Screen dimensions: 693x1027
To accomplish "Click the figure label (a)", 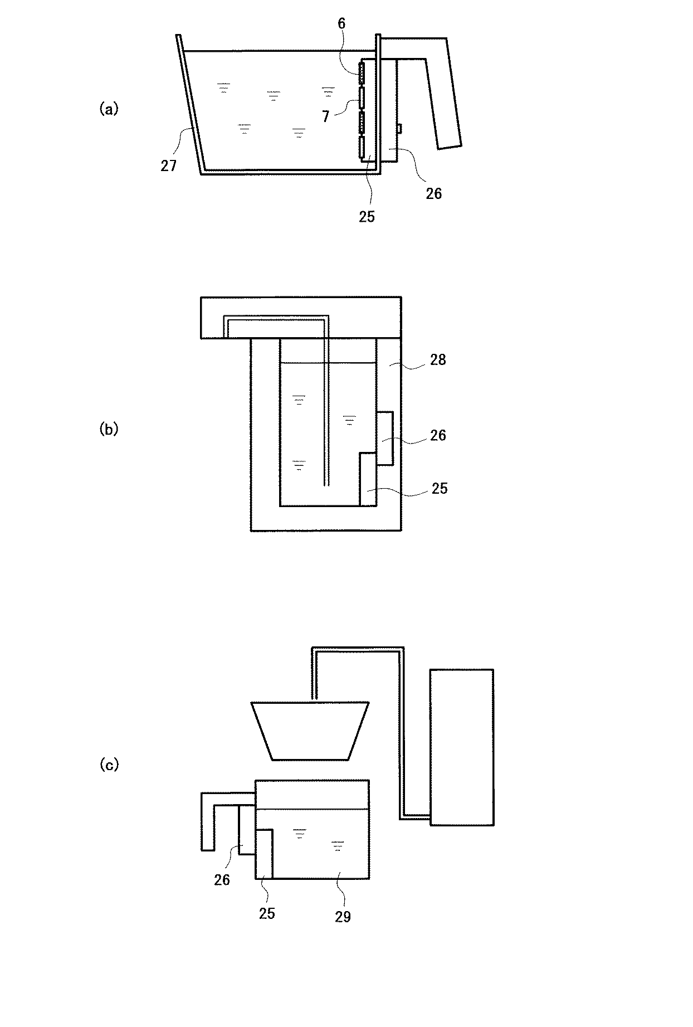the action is click(x=109, y=109).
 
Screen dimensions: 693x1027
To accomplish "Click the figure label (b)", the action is click(x=109, y=430).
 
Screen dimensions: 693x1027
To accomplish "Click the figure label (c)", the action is click(x=109, y=765).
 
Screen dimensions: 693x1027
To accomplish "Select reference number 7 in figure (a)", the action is click(x=325, y=116).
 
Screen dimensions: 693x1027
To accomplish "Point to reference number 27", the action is click(x=169, y=166).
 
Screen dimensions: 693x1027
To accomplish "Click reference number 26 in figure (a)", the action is click(x=433, y=193).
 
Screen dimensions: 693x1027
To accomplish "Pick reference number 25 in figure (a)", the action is click(x=367, y=216).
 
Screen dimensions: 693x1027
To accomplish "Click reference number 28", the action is click(x=438, y=360).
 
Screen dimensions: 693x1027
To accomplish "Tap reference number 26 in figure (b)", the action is click(x=438, y=435).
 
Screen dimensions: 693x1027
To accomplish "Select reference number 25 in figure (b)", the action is click(x=439, y=488).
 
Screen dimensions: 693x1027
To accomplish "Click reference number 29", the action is click(x=343, y=917).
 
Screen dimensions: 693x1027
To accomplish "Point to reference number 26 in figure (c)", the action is click(x=222, y=879).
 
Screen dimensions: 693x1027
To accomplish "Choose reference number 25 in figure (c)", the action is click(x=267, y=913).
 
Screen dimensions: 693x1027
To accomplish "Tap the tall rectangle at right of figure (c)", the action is click(x=461, y=747).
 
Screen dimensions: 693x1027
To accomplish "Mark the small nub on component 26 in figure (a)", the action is click(x=399, y=129).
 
